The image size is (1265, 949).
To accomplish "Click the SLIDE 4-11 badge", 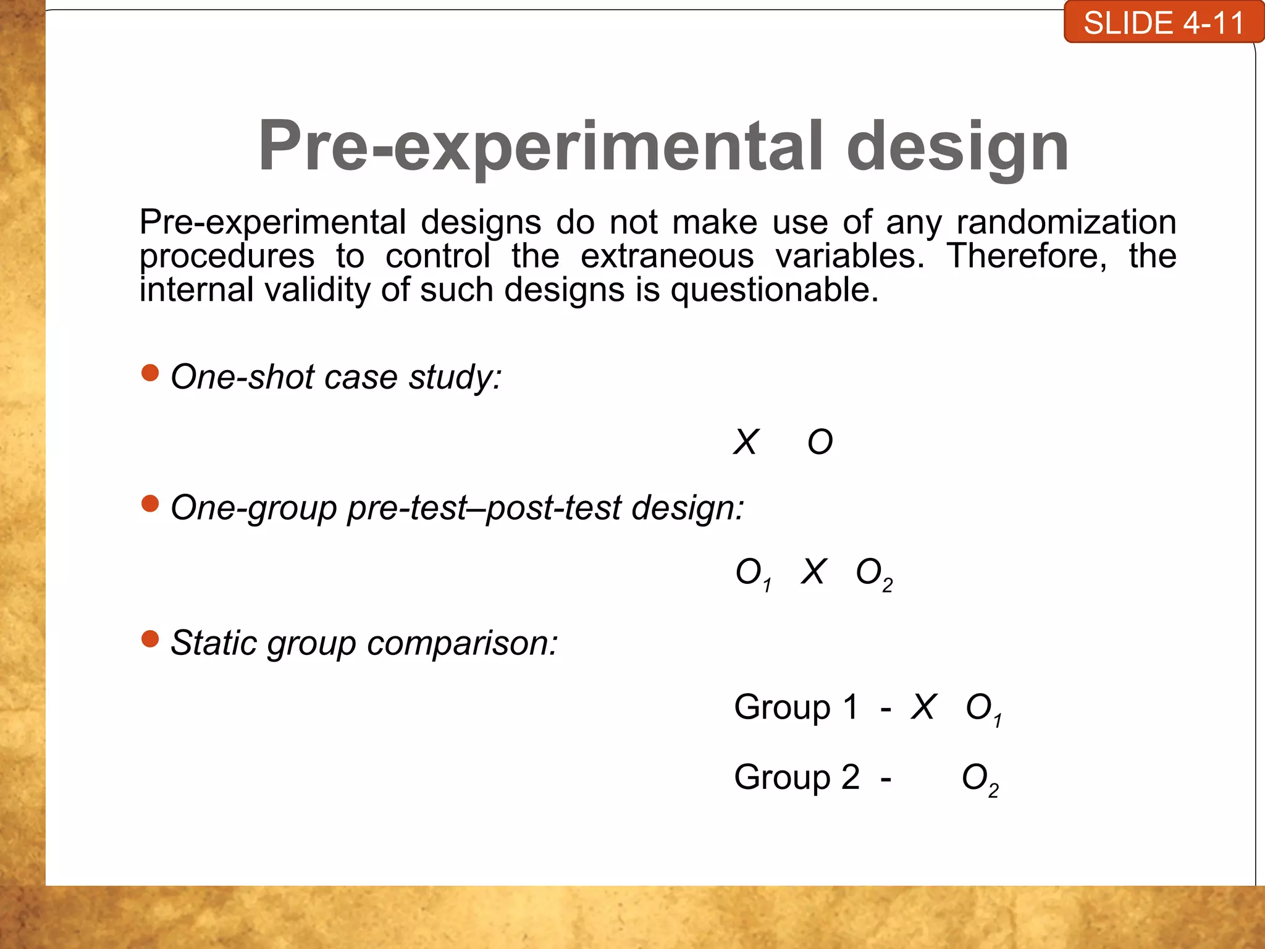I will tap(1163, 23).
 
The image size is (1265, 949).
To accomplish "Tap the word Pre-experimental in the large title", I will tap(540, 147).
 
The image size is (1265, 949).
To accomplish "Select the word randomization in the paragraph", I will tap(1066, 222).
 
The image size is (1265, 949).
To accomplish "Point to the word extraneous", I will tap(667, 256).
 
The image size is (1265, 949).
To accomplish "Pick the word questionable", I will tap(774, 290).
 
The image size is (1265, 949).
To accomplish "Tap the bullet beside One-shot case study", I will tap(150, 373).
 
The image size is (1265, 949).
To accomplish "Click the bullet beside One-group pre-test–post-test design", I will tap(150, 504).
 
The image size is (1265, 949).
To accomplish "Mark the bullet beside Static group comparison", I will tap(150, 638).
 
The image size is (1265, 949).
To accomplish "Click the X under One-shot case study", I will tap(746, 442).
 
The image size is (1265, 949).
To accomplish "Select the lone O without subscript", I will tap(820, 442).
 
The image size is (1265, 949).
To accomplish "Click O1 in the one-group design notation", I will tap(752, 573).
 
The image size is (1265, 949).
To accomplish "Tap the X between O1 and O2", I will tap(813, 572).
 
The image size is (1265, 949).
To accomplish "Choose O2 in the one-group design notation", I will tap(873, 573).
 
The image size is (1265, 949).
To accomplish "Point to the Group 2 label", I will tap(796, 777).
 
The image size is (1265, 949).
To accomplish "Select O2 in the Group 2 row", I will tap(980, 779).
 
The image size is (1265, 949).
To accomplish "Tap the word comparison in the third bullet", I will tap(463, 644).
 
